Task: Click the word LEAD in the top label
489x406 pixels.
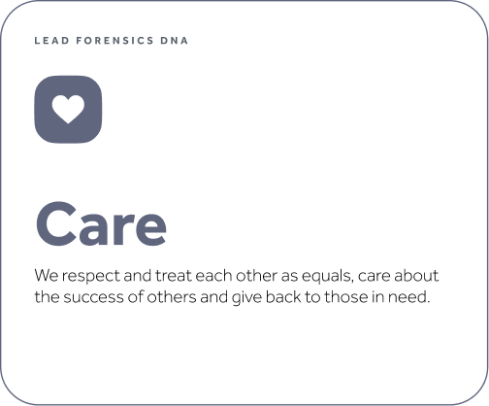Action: pos(51,41)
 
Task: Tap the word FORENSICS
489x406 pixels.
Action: pos(114,41)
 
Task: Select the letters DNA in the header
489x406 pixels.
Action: pos(174,41)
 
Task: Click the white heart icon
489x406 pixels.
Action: pos(68,109)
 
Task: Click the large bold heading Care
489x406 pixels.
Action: pos(101,223)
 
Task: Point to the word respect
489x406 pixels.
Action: pos(91,277)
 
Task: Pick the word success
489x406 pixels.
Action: pos(93,297)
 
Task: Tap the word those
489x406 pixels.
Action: pos(346,296)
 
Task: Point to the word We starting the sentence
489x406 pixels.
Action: pos(47,276)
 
